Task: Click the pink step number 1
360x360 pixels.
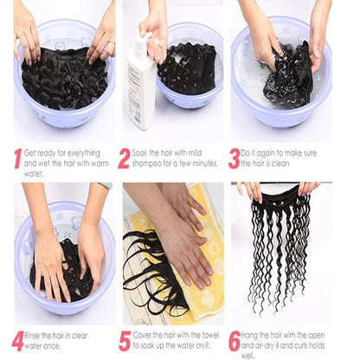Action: (x=17, y=158)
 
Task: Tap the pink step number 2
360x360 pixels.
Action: (x=124, y=158)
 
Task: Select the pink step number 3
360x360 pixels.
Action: (x=234, y=158)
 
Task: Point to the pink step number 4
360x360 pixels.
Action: (x=17, y=341)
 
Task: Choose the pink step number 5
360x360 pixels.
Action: (x=125, y=341)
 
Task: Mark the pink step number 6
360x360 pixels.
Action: (x=234, y=341)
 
